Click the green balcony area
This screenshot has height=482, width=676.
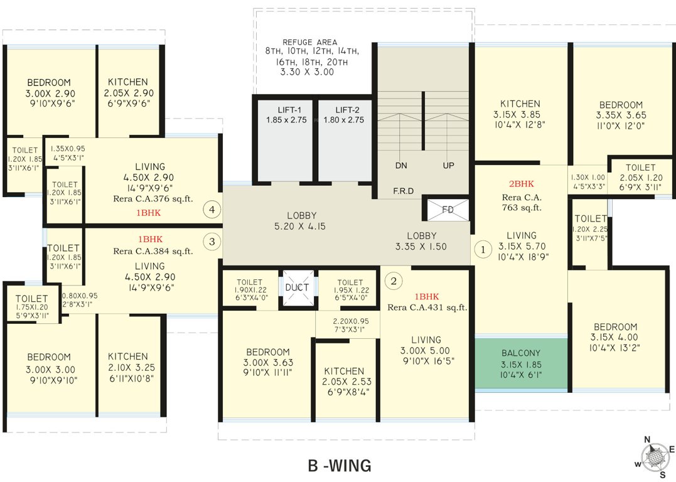[x=520, y=363]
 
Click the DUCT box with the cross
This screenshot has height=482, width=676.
[x=296, y=287]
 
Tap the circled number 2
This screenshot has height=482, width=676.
[x=394, y=281]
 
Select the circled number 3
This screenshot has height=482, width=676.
[x=212, y=240]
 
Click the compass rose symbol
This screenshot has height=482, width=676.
[x=654, y=456]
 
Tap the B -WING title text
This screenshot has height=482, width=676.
[x=340, y=466]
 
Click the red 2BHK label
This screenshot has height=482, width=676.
[x=521, y=185]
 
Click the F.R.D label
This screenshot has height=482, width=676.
[x=403, y=191]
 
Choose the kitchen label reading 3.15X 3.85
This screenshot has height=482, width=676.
[x=520, y=115]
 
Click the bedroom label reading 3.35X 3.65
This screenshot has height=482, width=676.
[x=620, y=115]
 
